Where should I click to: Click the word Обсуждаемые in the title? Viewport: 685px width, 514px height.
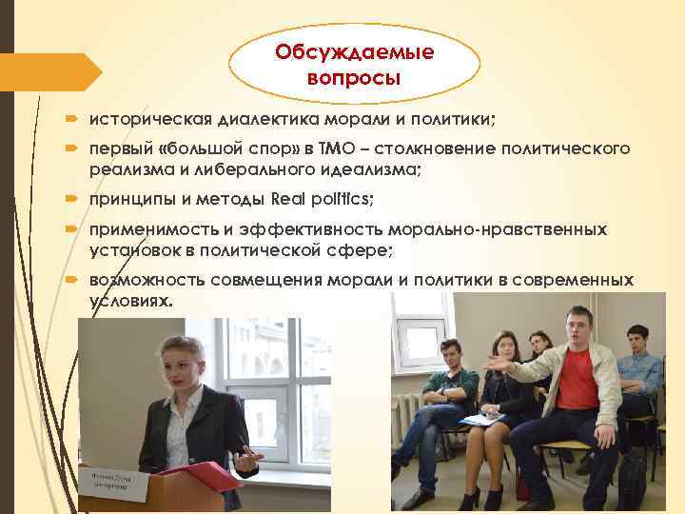pyautogui.click(x=354, y=51)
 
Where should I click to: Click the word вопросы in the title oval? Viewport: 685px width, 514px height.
pyautogui.click(x=354, y=76)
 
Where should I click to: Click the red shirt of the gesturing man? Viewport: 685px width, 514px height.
pyautogui.click(x=577, y=381)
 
